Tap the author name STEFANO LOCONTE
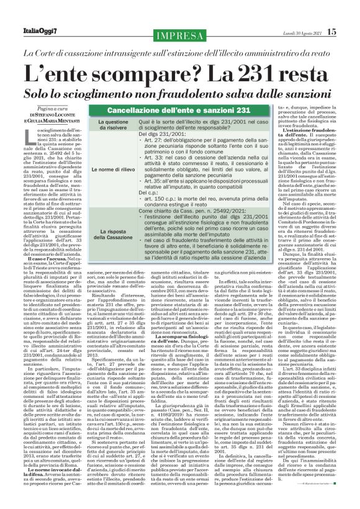60,96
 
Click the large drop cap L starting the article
32,117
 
